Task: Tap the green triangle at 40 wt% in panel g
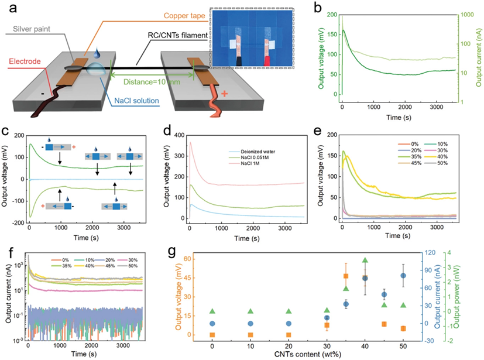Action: click(365, 260)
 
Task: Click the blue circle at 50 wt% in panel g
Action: click(403, 276)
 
